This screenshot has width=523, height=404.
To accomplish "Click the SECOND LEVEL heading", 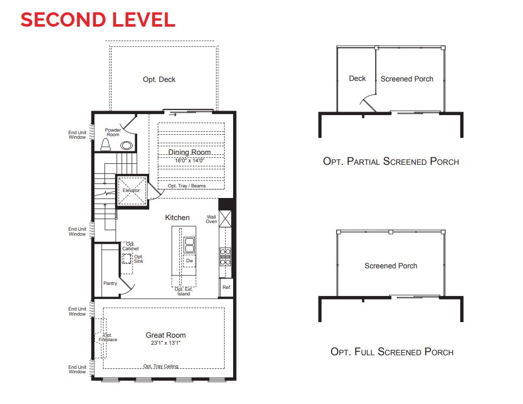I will tap(97, 19).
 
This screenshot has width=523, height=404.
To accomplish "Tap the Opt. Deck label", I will tap(159, 79).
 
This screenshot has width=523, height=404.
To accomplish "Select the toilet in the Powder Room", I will tap(106, 145).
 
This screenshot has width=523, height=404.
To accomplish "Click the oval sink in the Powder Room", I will tap(127, 146).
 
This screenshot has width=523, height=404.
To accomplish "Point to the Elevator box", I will tap(132, 190).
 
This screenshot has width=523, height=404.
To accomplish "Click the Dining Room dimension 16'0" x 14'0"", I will tap(189, 160).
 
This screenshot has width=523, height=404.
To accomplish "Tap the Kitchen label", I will tap(177, 218).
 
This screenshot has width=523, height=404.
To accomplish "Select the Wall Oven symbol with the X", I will tap(226, 219).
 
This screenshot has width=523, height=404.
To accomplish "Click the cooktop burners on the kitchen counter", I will tap(226, 256).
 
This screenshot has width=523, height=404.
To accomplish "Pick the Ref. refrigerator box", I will tap(227, 287).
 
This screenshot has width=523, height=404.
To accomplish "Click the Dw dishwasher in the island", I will tap(189, 261).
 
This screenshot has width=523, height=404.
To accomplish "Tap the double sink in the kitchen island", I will tap(189, 245).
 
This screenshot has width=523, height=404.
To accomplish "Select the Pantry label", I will tap(110, 283).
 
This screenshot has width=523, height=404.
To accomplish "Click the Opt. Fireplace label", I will tap(108, 337).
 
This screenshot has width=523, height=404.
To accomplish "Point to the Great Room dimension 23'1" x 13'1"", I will tap(165, 343).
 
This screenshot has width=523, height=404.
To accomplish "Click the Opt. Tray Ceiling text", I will tap(160, 366).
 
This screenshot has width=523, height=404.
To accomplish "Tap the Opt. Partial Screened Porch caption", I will tap(391, 161).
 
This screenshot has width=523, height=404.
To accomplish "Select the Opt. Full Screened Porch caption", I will tap(392, 352).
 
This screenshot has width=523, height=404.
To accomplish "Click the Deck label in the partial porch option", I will tap(357, 78).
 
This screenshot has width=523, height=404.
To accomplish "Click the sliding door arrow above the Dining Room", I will tap(173, 114).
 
